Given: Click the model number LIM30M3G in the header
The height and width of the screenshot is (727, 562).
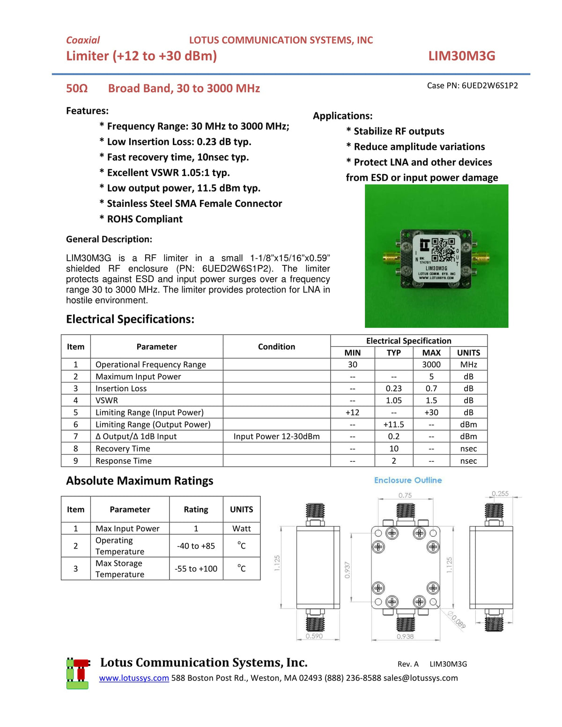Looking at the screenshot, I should pyautogui.click(x=461, y=56).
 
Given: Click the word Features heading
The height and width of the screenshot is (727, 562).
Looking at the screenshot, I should pyautogui.click(x=87, y=111).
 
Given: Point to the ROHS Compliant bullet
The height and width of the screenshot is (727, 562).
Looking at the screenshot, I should pyautogui.click(x=144, y=219).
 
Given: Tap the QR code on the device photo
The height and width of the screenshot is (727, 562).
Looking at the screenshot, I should pyautogui.click(x=443, y=250).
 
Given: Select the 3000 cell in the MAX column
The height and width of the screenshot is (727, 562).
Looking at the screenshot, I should pyautogui.click(x=431, y=365).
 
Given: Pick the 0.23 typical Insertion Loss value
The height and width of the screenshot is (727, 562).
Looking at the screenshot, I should pyautogui.click(x=393, y=389).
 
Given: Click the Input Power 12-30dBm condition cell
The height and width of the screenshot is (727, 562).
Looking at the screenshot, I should pyautogui.click(x=276, y=437).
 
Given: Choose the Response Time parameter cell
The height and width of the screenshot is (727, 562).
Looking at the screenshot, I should pyautogui.click(x=124, y=461).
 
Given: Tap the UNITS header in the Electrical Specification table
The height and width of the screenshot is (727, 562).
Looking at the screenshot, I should pyautogui.click(x=468, y=353).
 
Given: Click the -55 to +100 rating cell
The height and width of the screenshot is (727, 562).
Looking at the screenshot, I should pyautogui.click(x=196, y=569).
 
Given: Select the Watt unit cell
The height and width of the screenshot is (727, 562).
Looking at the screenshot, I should pyautogui.click(x=241, y=529).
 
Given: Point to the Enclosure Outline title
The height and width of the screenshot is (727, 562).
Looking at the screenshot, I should pyautogui.click(x=407, y=480).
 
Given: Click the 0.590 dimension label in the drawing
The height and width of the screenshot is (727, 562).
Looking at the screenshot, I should pyautogui.click(x=314, y=636).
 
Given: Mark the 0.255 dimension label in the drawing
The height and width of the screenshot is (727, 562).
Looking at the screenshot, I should pyautogui.click(x=500, y=494).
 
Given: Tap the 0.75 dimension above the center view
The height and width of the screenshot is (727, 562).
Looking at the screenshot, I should pyautogui.click(x=405, y=495).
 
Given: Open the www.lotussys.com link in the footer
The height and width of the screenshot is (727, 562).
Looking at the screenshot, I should pyautogui.click(x=134, y=678).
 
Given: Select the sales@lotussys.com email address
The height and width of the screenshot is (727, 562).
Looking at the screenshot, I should pyautogui.click(x=420, y=678).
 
